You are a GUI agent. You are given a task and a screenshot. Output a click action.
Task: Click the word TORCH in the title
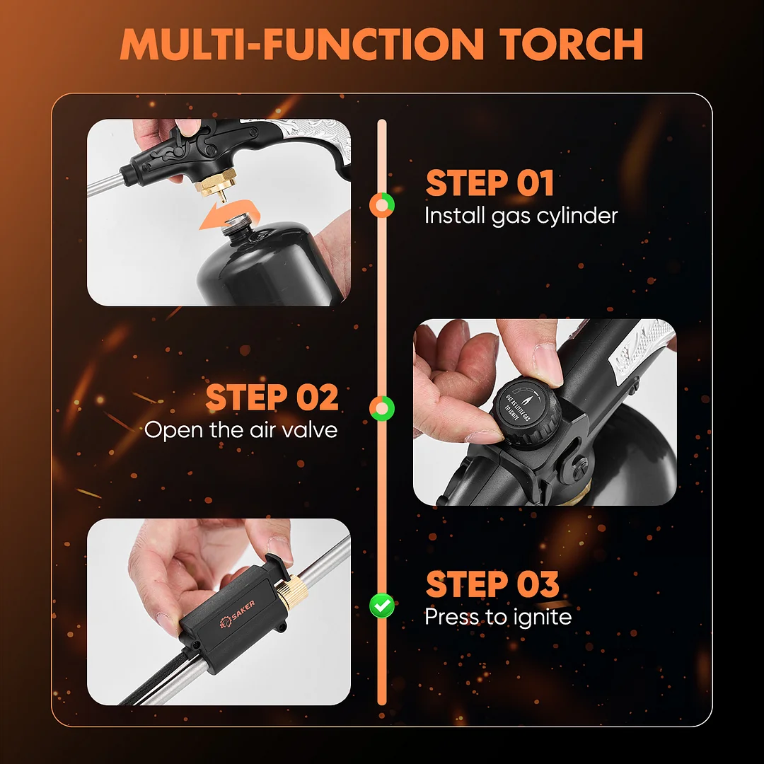point(571,45)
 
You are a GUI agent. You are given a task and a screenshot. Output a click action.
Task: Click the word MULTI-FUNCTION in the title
point(301,45)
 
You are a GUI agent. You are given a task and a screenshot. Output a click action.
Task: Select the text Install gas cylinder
point(521,216)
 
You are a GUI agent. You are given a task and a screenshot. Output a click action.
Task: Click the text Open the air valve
point(241,430)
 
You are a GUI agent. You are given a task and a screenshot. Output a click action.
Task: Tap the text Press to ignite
point(498,618)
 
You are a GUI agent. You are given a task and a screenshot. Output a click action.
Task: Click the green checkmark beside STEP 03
point(382,606)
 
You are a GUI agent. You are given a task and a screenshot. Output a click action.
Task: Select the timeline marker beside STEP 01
point(382,204)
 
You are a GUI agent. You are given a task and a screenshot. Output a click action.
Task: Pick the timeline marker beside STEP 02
point(382,408)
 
